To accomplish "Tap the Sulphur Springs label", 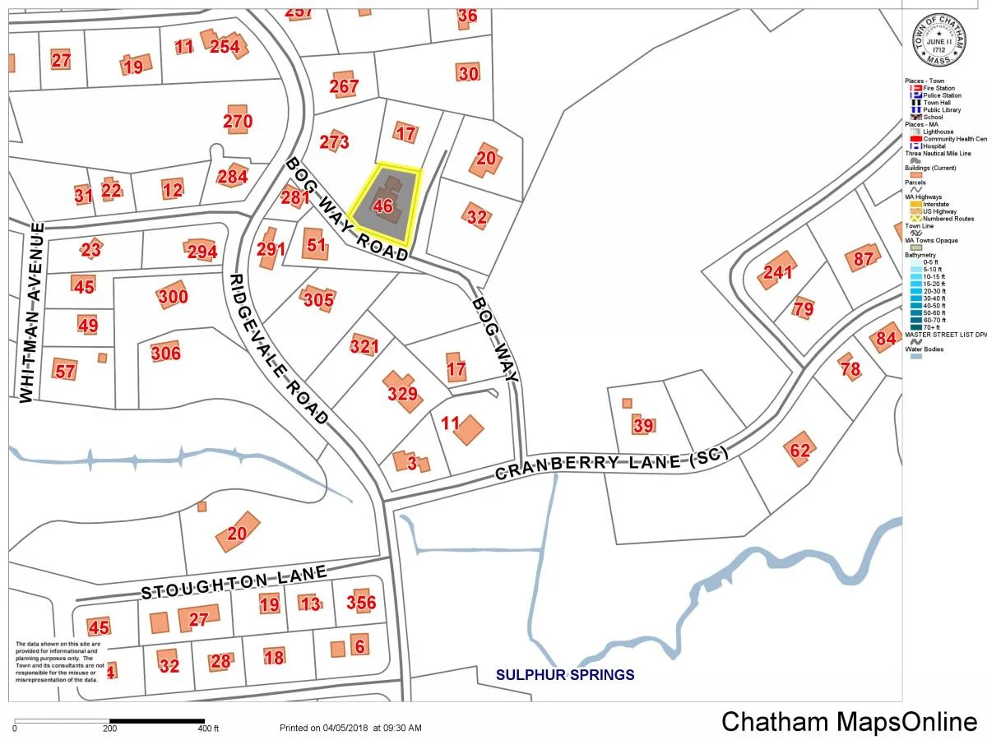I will pos(564,675).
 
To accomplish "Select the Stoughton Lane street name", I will pos(234,582).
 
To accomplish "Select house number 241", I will pos(777,273).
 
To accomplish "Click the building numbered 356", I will pos(361,603).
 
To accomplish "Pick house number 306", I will pos(165,354).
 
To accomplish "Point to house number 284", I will pos(233,176).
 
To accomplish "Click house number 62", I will pos(799,450).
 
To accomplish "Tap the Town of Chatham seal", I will pos(938,41).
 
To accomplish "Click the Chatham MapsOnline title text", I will pos(849,722).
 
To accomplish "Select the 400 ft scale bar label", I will pos(209,728).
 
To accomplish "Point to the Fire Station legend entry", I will pos(938,88).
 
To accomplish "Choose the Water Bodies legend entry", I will pos(924,349).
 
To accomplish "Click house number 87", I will pos(864,258).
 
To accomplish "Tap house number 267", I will pos(344,86).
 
